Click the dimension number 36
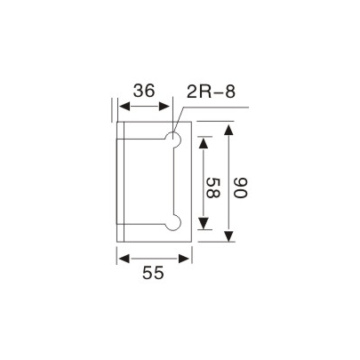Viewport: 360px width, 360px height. pyautogui.click(x=145, y=91)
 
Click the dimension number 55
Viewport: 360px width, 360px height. pyautogui.click(x=154, y=274)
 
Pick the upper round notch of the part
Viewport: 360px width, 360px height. pyautogui.click(x=175, y=139)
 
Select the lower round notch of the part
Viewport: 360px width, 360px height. pyautogui.click(x=175, y=221)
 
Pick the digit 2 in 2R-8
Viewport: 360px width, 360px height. pyautogui.click(x=195, y=91)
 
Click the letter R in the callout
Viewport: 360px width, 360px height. pyautogui.click(x=206, y=91)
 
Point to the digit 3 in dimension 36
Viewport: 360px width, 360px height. pyautogui.click(x=138, y=91)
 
